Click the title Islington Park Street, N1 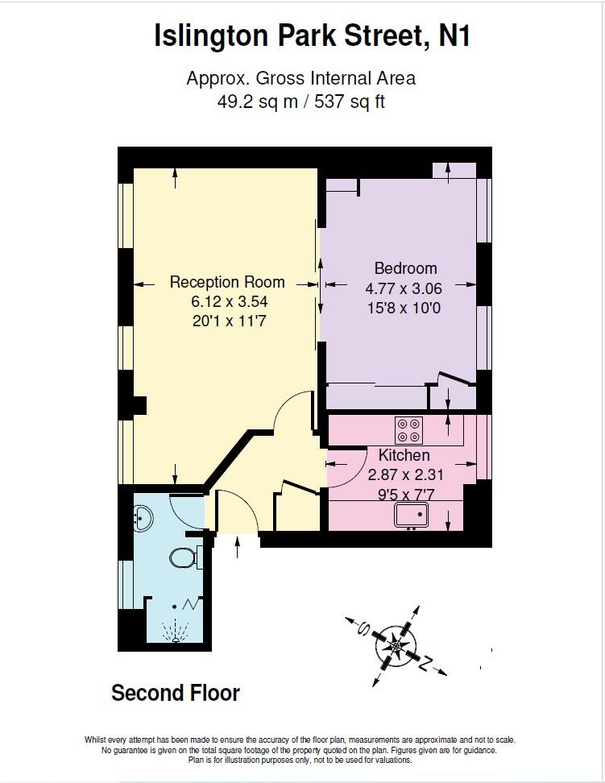tap(312, 36)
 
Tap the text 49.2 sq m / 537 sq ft tap(300, 102)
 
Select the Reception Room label tap(227, 282)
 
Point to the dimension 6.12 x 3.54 tap(229, 301)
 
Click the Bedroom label tap(405, 268)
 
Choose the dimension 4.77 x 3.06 tap(404, 288)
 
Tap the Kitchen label tap(404, 455)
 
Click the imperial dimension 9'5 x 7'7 tap(404, 494)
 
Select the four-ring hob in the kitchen tap(408, 429)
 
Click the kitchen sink tap(413, 514)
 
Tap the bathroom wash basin tap(143, 517)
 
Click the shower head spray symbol tap(173, 630)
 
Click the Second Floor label tap(176, 693)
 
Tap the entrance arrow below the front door tap(237, 547)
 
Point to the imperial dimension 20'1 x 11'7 tap(229, 321)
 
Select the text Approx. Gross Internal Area tap(300, 79)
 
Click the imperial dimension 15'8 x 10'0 tap(404, 308)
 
